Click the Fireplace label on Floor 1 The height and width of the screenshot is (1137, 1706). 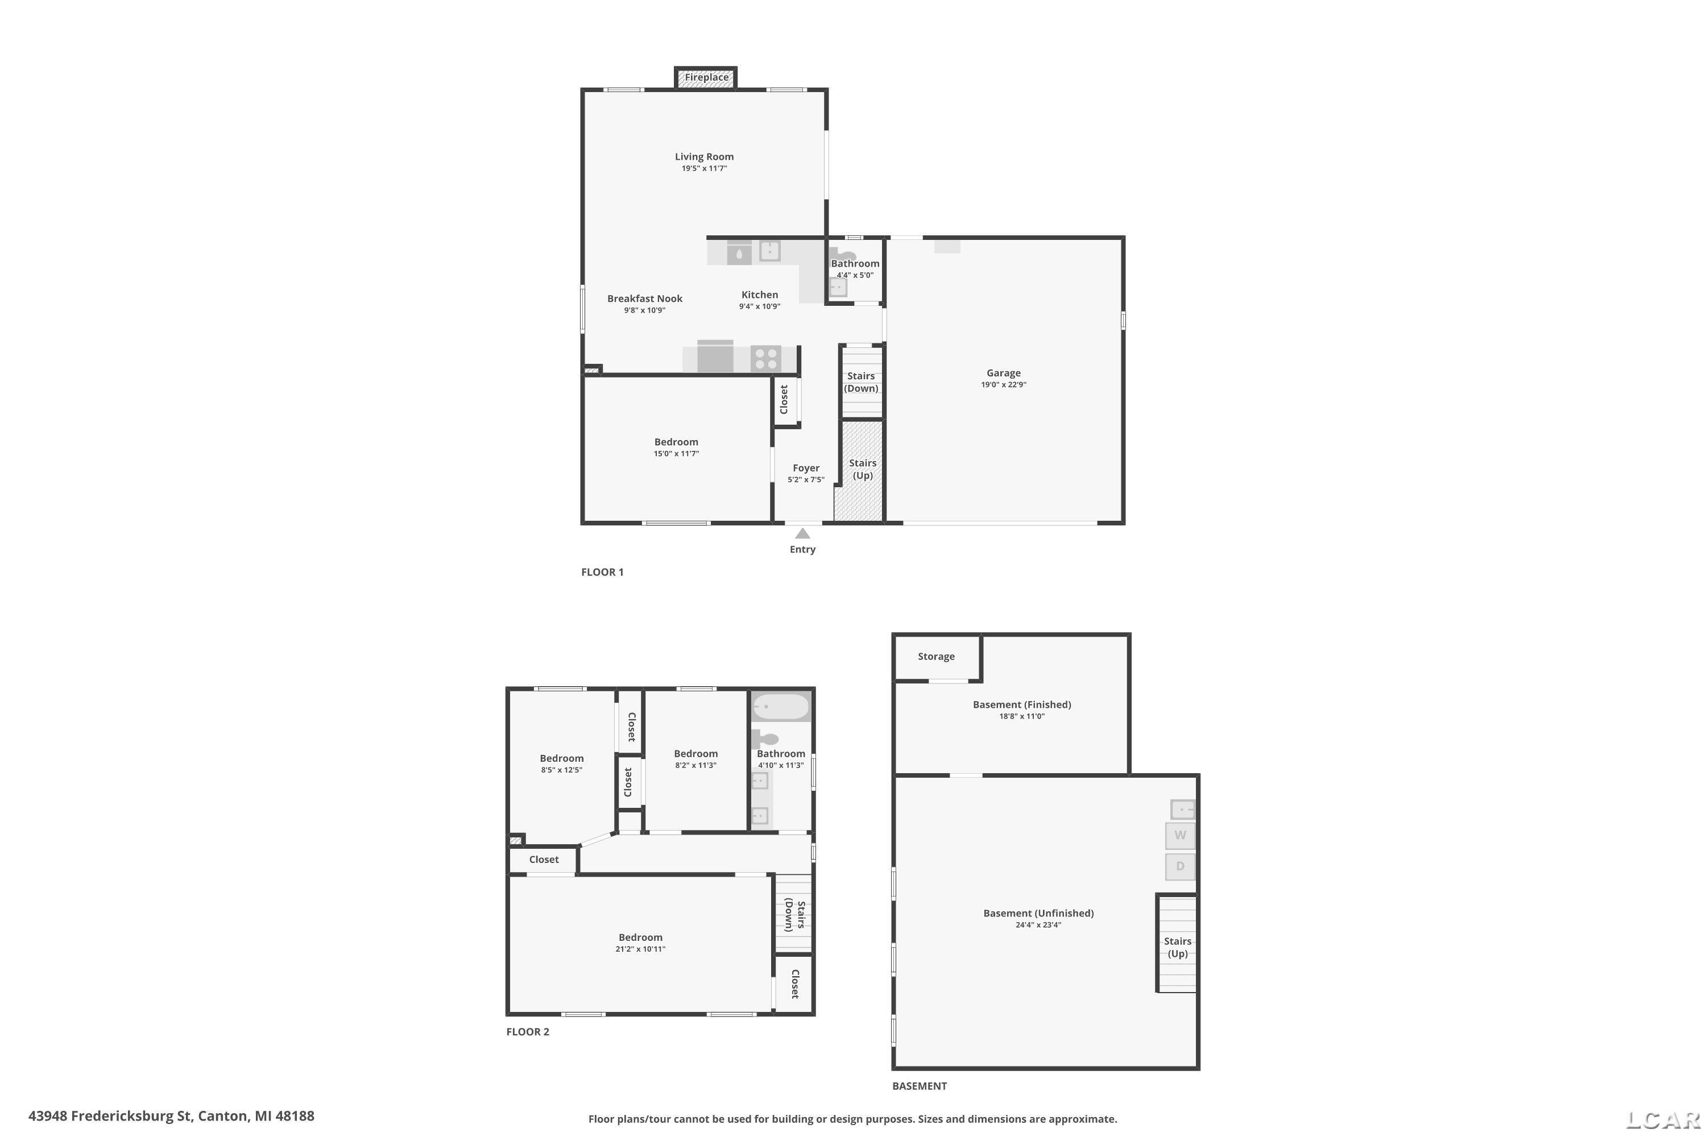[x=706, y=77]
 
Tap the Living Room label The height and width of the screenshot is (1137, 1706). [x=705, y=157]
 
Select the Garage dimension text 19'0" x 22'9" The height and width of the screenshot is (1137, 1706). [x=1003, y=385]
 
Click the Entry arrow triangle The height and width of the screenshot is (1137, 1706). [x=802, y=534]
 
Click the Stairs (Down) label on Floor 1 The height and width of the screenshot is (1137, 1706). [x=861, y=382]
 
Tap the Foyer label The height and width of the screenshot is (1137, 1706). [x=806, y=468]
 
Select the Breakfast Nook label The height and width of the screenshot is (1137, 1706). [x=645, y=299]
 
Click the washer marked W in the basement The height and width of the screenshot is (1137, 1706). [x=1180, y=835]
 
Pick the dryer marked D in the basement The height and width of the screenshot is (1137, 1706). [x=1180, y=866]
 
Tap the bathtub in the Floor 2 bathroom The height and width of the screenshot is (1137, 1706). [x=780, y=706]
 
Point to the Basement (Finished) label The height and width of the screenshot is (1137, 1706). [x=1022, y=705]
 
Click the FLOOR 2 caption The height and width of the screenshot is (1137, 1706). [x=527, y=1032]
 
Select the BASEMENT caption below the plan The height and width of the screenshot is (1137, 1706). [x=919, y=1086]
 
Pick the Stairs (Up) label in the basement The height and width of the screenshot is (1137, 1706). [x=1177, y=948]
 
